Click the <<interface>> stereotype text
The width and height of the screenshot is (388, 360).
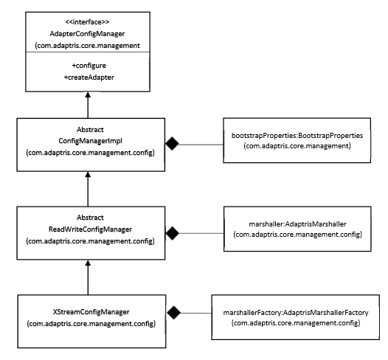click(x=87, y=22)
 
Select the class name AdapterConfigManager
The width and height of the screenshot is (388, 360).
click(x=87, y=34)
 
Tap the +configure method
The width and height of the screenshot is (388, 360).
click(x=89, y=66)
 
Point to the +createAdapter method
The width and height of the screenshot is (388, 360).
click(x=89, y=77)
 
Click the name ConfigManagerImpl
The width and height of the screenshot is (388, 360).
click(x=90, y=141)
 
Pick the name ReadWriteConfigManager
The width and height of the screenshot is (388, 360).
click(x=90, y=229)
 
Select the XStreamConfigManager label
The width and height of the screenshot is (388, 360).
click(x=91, y=312)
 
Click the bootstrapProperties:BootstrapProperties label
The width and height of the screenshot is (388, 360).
click(x=297, y=136)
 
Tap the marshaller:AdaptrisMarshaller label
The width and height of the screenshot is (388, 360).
click(x=297, y=224)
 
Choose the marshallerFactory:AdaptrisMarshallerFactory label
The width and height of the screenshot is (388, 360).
click(x=296, y=313)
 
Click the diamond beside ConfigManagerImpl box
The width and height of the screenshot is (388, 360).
click(x=172, y=144)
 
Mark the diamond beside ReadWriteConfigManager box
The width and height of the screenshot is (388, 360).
click(x=172, y=233)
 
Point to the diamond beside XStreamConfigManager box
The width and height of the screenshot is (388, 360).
click(x=173, y=313)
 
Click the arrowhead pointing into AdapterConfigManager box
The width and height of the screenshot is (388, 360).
click(x=88, y=94)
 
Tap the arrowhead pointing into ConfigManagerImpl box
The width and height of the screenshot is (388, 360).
click(x=88, y=174)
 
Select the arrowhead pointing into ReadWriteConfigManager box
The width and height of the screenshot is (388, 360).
click(x=88, y=263)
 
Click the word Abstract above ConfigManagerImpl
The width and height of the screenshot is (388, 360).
click(x=90, y=129)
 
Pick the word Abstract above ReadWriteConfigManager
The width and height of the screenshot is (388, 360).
click(x=90, y=218)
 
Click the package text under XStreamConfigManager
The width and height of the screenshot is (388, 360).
click(x=91, y=324)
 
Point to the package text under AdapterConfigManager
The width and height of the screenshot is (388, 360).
click(x=87, y=46)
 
